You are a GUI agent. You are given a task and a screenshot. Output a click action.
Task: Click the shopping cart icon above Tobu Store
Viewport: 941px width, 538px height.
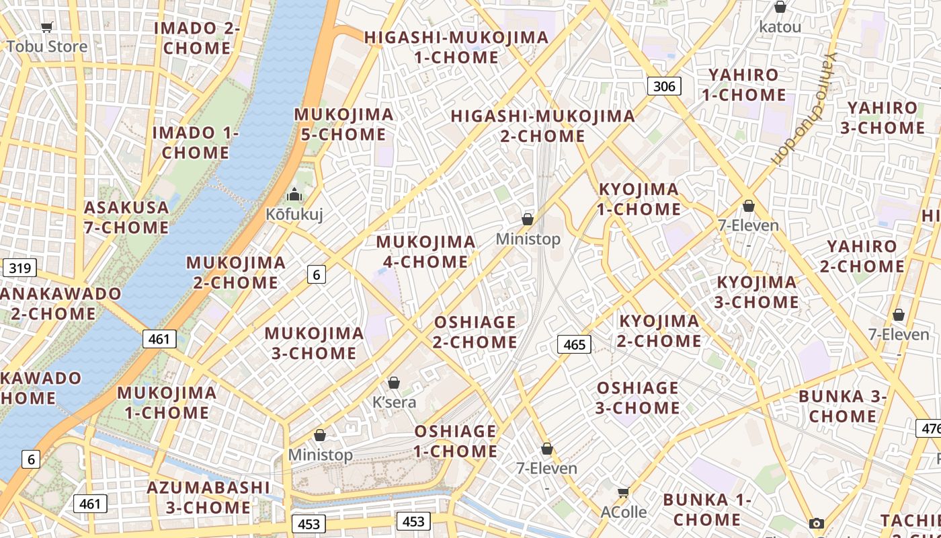(46, 28)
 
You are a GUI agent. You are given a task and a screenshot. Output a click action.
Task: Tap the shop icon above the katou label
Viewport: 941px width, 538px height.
(780, 7)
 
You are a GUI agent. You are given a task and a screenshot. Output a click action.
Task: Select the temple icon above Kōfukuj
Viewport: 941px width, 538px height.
(294, 195)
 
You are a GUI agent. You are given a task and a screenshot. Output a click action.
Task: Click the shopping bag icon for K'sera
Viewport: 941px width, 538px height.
(394, 383)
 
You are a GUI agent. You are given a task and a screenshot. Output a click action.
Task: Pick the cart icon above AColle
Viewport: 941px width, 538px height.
(623, 493)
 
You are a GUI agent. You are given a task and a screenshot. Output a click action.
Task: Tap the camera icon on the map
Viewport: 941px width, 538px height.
(817, 523)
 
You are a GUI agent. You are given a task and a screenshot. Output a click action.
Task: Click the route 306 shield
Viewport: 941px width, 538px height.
(664, 85)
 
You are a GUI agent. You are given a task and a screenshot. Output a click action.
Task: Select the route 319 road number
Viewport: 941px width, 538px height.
(19, 268)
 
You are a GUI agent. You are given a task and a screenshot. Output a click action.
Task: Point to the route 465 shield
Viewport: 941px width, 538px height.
(574, 344)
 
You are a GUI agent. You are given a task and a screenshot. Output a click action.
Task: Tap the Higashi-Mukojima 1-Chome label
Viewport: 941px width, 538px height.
(456, 47)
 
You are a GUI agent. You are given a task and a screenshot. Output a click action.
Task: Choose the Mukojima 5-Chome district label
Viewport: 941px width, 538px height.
(343, 124)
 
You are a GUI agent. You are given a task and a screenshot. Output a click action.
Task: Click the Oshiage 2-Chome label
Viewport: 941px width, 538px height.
(475, 332)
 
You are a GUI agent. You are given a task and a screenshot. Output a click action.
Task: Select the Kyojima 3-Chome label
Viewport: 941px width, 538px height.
(756, 292)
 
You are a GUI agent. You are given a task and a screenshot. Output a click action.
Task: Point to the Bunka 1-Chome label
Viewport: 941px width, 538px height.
(706, 510)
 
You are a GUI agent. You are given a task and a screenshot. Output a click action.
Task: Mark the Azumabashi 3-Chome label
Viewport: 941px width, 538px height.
(208, 497)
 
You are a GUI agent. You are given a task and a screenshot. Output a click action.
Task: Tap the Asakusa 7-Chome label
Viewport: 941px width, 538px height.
(126, 217)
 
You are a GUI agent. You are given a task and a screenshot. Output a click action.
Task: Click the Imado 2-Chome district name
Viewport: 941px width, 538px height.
(197, 38)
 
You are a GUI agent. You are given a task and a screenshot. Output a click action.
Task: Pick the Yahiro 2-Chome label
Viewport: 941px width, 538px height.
(862, 256)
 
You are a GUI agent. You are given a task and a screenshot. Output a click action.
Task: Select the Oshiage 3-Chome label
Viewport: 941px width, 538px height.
(638, 397)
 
